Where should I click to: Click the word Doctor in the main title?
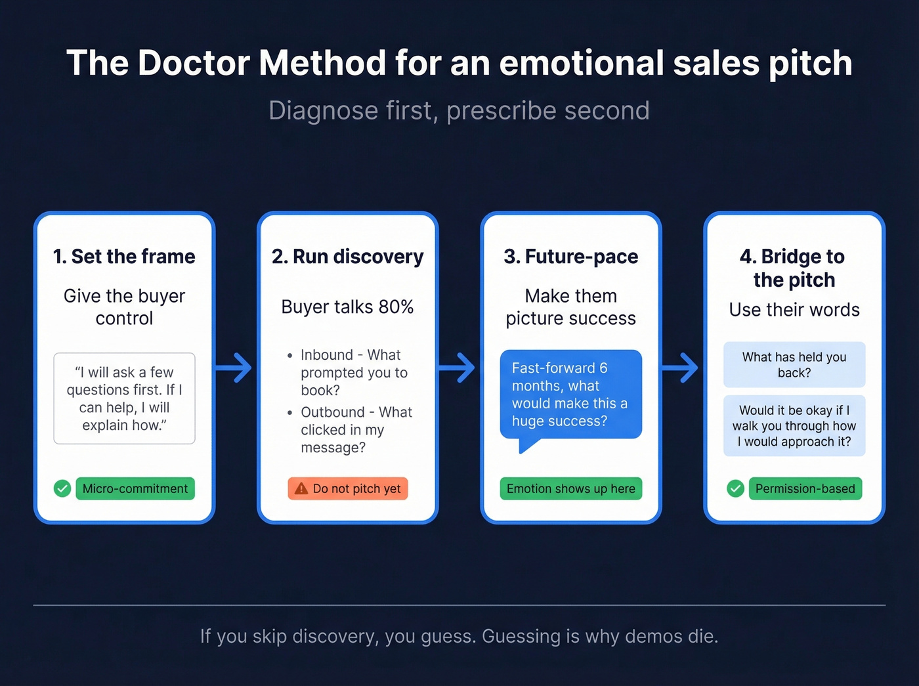click(x=194, y=64)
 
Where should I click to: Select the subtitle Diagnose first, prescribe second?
click(x=459, y=110)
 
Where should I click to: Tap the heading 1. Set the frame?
click(x=124, y=256)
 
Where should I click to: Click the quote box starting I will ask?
click(x=124, y=398)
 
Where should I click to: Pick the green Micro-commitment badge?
click(x=135, y=488)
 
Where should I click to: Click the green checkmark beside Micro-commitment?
click(x=62, y=488)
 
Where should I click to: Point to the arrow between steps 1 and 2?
click(x=234, y=368)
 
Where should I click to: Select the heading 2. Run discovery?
click(x=347, y=256)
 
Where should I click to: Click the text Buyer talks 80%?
click(x=347, y=307)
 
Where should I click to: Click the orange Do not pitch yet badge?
click(x=348, y=488)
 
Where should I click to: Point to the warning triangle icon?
click(x=301, y=488)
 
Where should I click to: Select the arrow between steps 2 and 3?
click(x=458, y=368)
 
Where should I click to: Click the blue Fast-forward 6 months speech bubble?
click(x=570, y=395)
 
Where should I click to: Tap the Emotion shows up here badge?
click(x=570, y=488)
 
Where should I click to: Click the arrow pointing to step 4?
click(x=681, y=368)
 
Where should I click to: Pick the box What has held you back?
click(x=794, y=364)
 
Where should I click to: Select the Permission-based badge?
click(x=805, y=488)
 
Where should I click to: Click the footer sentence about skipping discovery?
click(x=459, y=636)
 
